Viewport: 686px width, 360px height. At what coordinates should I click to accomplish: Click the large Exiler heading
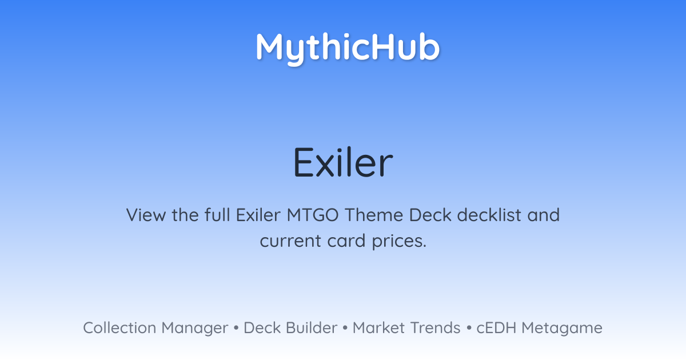tap(343, 162)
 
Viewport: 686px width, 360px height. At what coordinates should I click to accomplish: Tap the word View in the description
tap(146, 215)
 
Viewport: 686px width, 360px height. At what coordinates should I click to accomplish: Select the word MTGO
tap(313, 215)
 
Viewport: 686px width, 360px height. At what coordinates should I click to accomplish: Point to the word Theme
tap(374, 215)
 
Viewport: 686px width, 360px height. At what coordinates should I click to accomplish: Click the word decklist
tap(489, 215)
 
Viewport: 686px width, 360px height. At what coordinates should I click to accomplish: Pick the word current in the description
tap(290, 241)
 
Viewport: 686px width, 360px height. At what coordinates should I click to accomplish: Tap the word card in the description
tap(346, 241)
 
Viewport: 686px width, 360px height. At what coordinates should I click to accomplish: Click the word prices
tap(399, 242)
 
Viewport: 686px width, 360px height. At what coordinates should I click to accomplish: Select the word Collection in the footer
tap(119, 328)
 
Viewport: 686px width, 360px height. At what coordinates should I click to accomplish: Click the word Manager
tap(195, 329)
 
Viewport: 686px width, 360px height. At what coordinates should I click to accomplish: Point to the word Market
tap(379, 328)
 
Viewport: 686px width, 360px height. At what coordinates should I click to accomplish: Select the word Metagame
tap(562, 329)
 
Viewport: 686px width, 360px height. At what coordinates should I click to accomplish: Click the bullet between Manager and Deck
tap(236, 328)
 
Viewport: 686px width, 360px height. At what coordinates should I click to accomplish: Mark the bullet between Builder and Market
tap(345, 328)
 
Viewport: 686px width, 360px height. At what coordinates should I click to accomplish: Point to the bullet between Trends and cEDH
tap(469, 328)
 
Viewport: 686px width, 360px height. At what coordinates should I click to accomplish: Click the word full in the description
tap(217, 215)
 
